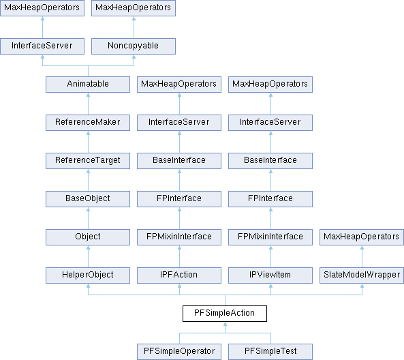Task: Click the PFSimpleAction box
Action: click(x=225, y=314)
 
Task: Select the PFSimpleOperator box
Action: click(x=179, y=352)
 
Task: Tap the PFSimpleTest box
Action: click(x=270, y=352)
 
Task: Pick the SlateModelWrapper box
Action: click(x=362, y=275)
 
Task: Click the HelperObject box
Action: click(x=88, y=275)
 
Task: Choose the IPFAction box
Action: click(x=179, y=275)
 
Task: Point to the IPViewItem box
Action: click(x=270, y=275)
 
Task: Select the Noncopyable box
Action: click(x=134, y=46)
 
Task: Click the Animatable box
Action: click(x=88, y=85)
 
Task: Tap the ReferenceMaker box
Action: click(x=88, y=123)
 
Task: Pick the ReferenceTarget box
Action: click(x=88, y=161)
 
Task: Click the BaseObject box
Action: click(x=88, y=199)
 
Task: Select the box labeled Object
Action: click(x=88, y=237)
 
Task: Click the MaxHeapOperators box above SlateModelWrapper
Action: click(x=362, y=237)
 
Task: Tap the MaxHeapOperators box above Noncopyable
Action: click(x=134, y=8)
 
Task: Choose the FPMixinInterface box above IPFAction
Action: click(x=179, y=237)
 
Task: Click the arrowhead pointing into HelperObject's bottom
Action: click(x=88, y=286)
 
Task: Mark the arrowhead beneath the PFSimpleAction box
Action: click(x=225, y=324)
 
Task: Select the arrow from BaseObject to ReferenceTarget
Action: click(x=88, y=180)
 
